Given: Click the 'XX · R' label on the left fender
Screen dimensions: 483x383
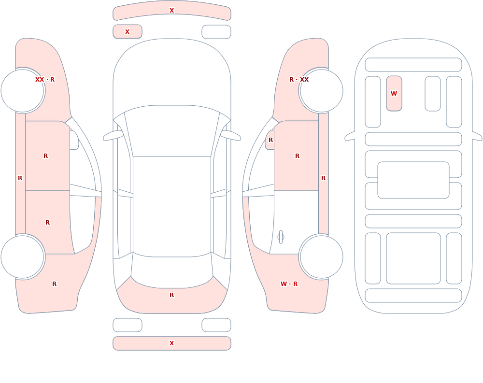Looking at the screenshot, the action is coord(45,80).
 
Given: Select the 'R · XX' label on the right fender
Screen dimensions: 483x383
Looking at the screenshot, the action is coord(299,80).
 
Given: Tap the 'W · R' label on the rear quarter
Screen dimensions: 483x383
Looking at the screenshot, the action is coord(289,284).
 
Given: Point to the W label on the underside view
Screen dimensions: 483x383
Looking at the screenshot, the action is coord(394,93).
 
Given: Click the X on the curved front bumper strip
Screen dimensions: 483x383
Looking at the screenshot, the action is coord(172,11).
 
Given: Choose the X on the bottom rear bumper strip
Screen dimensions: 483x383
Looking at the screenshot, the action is coord(172,343).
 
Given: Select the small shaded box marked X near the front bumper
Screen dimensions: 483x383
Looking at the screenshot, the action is coord(128,31).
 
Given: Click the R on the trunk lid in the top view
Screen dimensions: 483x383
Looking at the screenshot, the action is coord(172,295).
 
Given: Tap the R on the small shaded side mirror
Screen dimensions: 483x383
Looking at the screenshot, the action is coord(270,140).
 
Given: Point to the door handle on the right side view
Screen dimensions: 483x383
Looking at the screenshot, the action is coord(281,237).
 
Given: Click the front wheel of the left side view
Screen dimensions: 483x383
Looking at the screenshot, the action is coord(23,91).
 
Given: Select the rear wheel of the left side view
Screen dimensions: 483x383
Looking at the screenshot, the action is coord(23,256).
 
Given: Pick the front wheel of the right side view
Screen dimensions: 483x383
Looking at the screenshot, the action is coord(321,91).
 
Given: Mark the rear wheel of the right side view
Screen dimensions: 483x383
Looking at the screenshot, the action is coord(321,256).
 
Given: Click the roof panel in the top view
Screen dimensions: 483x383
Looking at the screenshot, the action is coord(172,206).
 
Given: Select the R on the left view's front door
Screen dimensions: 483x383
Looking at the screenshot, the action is coord(45,156).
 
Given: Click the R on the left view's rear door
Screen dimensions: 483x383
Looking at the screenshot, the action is coord(47,223).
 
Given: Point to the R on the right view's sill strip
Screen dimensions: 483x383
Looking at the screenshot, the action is coord(323,178).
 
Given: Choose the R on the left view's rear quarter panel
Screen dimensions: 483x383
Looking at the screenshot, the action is coord(54,284).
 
